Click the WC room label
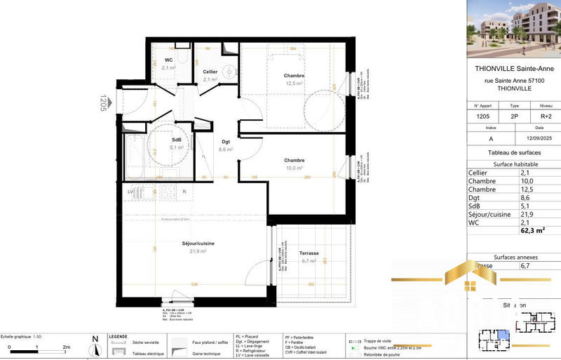(x=168, y=60)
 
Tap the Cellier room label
(x=210, y=72)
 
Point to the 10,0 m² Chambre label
(x=293, y=161)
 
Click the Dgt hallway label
(x=226, y=142)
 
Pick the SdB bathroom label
(x=177, y=140)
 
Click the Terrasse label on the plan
(x=309, y=253)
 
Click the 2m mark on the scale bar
(x=67, y=347)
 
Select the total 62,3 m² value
(x=532, y=229)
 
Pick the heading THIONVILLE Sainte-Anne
(x=514, y=69)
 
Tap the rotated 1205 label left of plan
(x=103, y=104)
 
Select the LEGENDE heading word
(x=117, y=337)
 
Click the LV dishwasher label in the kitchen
(x=130, y=191)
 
